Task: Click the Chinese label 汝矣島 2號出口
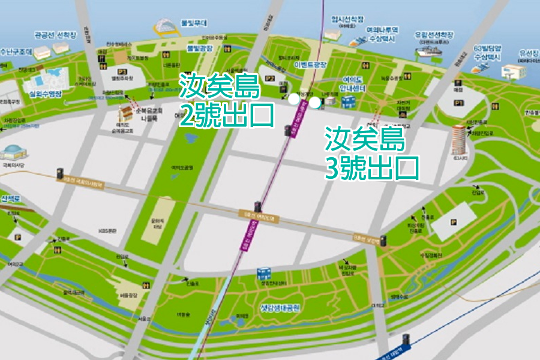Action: click(226, 100)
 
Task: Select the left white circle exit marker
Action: click(293, 99)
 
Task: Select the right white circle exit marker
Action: click(314, 102)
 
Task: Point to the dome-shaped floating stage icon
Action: click(163, 26)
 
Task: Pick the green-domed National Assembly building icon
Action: click(13, 152)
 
